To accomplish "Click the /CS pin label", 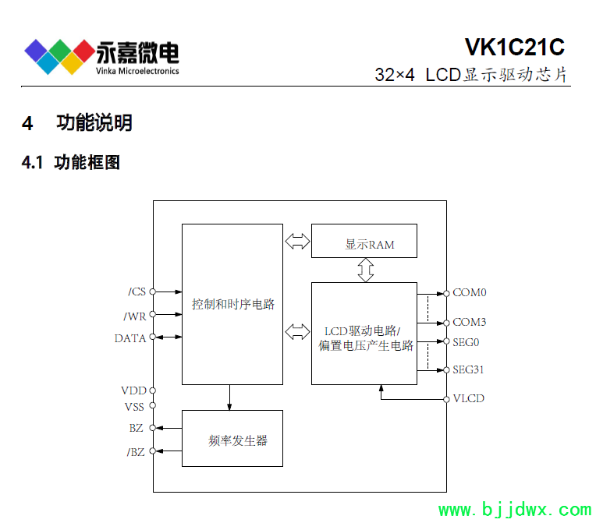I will pyautogui.click(x=137, y=292).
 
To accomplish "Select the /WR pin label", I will pyautogui.click(x=135, y=316).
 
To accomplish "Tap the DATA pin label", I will pyautogui.click(x=130, y=338).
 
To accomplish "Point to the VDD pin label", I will pyautogui.click(x=133, y=390).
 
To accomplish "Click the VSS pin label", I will pyautogui.click(x=133, y=406).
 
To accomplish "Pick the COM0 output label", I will pyautogui.click(x=470, y=293).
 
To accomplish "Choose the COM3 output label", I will pyautogui.click(x=470, y=322).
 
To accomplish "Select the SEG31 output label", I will pyautogui.click(x=469, y=370).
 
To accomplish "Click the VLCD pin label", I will pyautogui.click(x=469, y=398).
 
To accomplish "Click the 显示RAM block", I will pyautogui.click(x=364, y=241).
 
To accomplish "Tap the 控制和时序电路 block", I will pyautogui.click(x=232, y=304).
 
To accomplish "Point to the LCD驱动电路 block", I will pyautogui.click(x=364, y=334).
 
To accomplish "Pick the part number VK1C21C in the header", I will pyautogui.click(x=514, y=48).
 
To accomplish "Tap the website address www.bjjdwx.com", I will pyautogui.click(x=515, y=511).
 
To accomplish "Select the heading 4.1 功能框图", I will pyautogui.click(x=71, y=163).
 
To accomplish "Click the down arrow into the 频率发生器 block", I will pyautogui.click(x=229, y=398).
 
